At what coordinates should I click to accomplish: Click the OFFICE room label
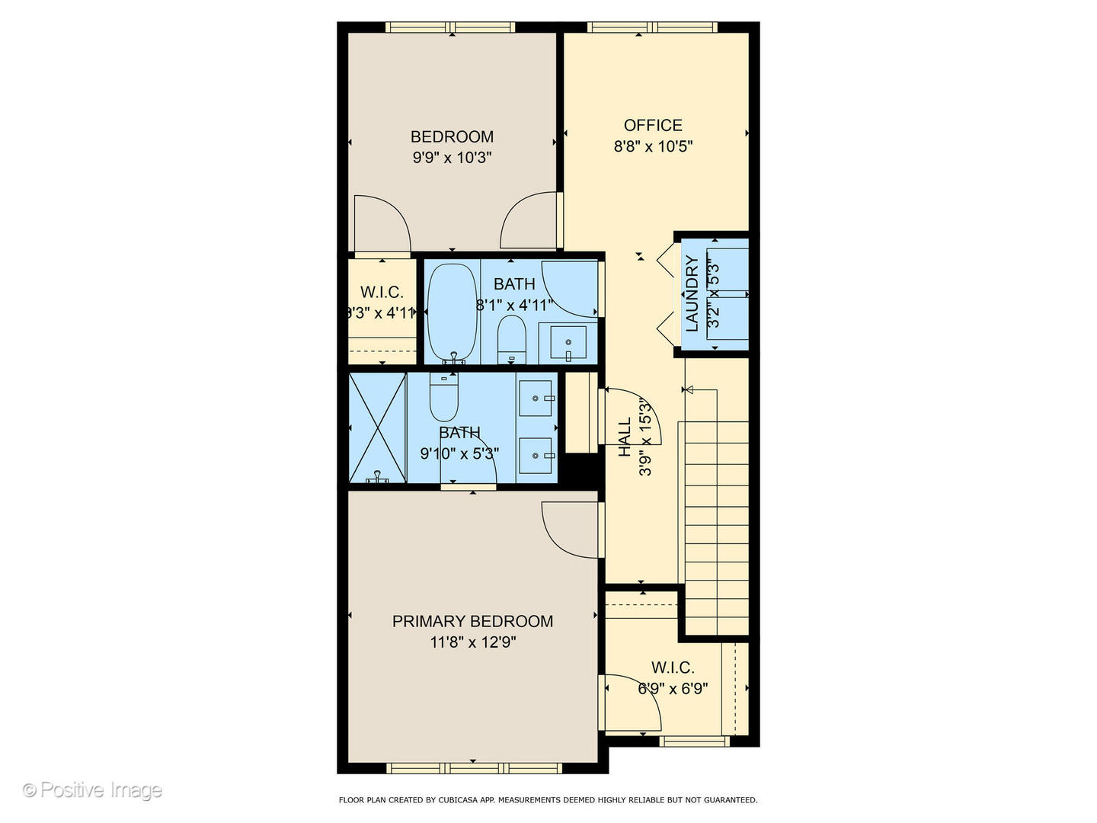(x=653, y=125)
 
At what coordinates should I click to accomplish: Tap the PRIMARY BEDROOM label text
(x=472, y=621)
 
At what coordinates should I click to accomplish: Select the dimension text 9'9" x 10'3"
(x=452, y=158)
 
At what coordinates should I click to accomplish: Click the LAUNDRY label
(x=692, y=293)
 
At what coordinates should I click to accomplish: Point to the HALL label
(x=625, y=437)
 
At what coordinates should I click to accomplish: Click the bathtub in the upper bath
(x=452, y=312)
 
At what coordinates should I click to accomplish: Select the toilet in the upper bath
(x=511, y=340)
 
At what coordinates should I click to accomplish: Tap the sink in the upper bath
(x=568, y=342)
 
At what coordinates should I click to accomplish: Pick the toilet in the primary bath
(x=444, y=398)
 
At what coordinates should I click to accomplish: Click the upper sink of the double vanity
(x=536, y=399)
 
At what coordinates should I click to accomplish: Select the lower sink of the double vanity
(x=536, y=456)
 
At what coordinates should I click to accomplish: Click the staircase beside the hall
(x=716, y=526)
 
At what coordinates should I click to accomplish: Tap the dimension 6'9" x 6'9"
(x=673, y=689)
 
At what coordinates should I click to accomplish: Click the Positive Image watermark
(x=92, y=790)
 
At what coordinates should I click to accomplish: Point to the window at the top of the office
(x=652, y=27)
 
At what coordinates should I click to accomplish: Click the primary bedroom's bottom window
(x=473, y=767)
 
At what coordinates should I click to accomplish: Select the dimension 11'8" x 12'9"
(x=473, y=642)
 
